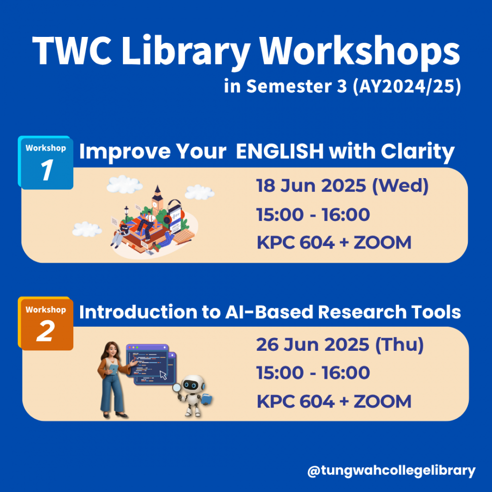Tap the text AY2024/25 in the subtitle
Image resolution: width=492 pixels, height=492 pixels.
[407, 86]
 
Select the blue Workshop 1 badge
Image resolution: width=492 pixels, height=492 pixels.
[46, 162]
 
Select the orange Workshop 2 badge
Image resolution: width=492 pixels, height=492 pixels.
[46, 324]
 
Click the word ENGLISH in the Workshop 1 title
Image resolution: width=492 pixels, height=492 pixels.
[279, 151]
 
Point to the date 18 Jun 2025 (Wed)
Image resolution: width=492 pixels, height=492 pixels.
[342, 185]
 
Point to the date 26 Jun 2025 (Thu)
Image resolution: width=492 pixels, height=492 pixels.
[340, 344]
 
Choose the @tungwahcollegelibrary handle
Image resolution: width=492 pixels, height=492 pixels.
[391, 471]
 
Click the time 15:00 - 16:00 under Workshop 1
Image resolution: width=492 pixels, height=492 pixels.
[313, 215]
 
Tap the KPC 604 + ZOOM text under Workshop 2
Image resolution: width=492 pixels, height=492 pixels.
[334, 401]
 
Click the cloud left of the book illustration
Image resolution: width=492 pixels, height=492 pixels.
[87, 229]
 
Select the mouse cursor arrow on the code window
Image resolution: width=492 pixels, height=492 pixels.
[163, 375]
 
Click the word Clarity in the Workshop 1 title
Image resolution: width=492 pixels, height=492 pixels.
[418, 152]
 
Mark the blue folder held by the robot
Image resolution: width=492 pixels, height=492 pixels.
[207, 399]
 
